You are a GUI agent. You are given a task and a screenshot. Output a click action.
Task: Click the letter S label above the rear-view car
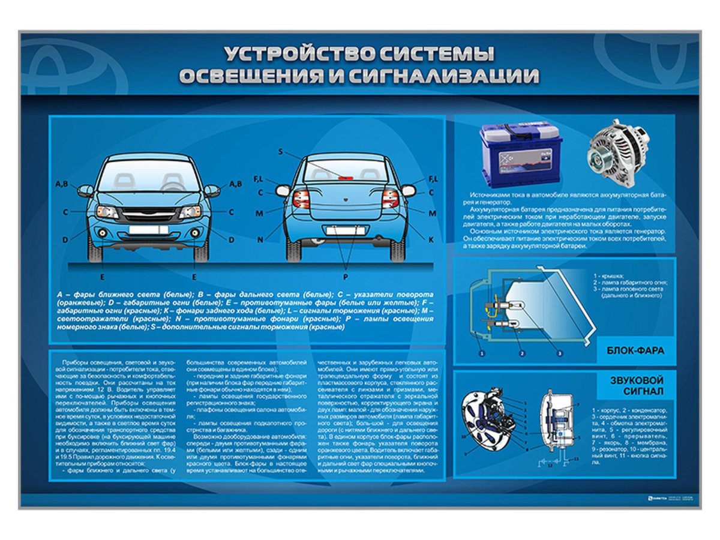[x=280, y=152]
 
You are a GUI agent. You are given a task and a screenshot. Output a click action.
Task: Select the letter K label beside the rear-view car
[x=431, y=239]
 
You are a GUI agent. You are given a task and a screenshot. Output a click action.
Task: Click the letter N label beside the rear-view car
[x=260, y=240]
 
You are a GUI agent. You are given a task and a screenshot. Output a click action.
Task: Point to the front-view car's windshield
[x=148, y=178]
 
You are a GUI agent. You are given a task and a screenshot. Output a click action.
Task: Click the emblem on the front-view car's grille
[x=148, y=214]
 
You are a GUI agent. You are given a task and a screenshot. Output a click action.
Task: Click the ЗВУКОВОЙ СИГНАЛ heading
[x=635, y=386]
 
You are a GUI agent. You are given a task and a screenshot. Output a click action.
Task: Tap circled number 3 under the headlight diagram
[x=560, y=353]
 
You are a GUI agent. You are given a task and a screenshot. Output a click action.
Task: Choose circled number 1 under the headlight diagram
[x=481, y=353]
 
